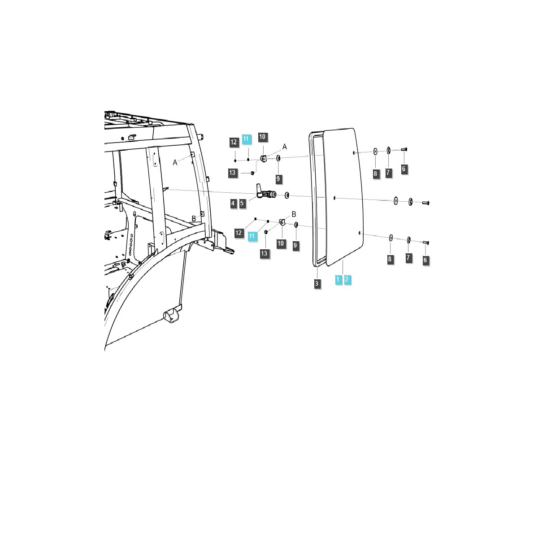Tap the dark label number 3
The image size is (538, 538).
[x=317, y=283]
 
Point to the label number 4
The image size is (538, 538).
[x=233, y=204]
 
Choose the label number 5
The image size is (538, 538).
[x=242, y=204]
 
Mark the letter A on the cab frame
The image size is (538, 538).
[x=175, y=163]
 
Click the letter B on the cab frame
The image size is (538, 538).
[x=194, y=218]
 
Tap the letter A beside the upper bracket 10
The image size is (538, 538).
[x=284, y=147]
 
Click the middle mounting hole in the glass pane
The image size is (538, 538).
[x=335, y=197]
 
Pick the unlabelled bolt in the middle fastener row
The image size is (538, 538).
[x=425, y=203]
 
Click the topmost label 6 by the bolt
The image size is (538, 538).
[x=403, y=169]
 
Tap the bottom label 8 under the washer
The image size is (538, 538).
[x=390, y=259]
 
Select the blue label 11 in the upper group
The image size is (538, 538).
[x=247, y=139]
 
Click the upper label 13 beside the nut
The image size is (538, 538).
[x=232, y=174]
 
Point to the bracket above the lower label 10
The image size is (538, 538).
[x=282, y=222]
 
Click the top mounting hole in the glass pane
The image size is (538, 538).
[x=354, y=153]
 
